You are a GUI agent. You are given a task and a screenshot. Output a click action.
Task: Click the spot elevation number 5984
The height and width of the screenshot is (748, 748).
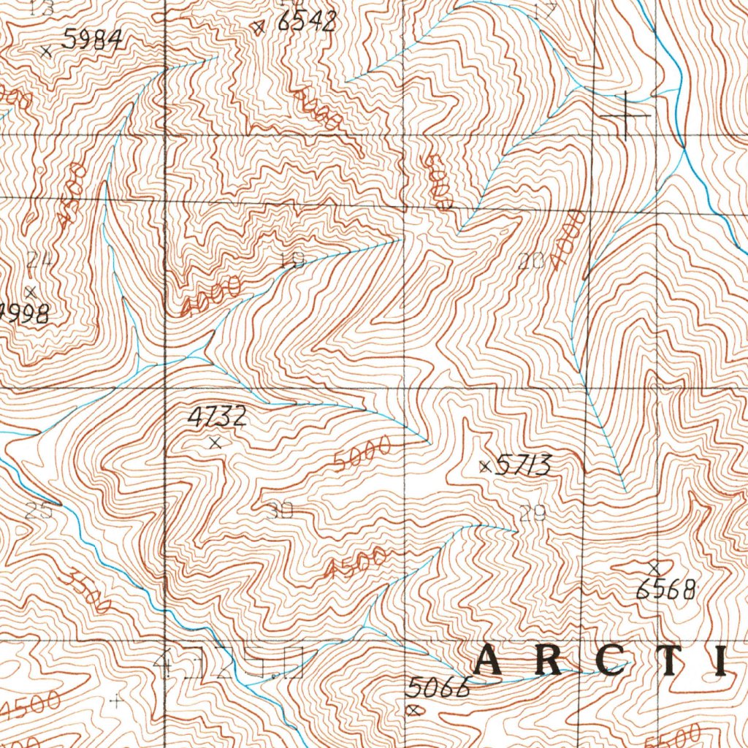[x=91, y=40]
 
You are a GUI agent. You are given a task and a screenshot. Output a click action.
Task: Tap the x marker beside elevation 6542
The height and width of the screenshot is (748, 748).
[x=258, y=28]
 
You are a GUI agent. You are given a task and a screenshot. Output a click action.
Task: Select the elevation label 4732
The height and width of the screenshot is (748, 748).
[x=217, y=417]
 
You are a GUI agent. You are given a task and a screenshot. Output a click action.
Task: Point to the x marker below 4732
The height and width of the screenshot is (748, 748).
[x=214, y=443]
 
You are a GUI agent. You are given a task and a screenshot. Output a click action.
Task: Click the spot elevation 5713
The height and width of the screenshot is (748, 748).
[x=523, y=465]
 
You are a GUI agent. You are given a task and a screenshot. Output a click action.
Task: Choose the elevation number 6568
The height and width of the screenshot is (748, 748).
[x=665, y=590]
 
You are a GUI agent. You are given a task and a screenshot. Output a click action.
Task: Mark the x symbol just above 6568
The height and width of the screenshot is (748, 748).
[x=654, y=568]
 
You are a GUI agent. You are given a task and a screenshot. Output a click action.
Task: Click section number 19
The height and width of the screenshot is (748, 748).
[x=291, y=261]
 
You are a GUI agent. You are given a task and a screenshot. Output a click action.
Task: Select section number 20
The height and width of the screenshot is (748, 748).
[x=532, y=262]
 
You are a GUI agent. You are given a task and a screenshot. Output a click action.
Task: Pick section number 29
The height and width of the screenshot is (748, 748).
[x=533, y=514]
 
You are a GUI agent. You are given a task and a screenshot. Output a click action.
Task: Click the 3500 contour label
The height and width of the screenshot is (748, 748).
[x=88, y=591]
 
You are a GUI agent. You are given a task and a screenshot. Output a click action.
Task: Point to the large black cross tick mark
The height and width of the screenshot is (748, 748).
[x=625, y=115]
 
